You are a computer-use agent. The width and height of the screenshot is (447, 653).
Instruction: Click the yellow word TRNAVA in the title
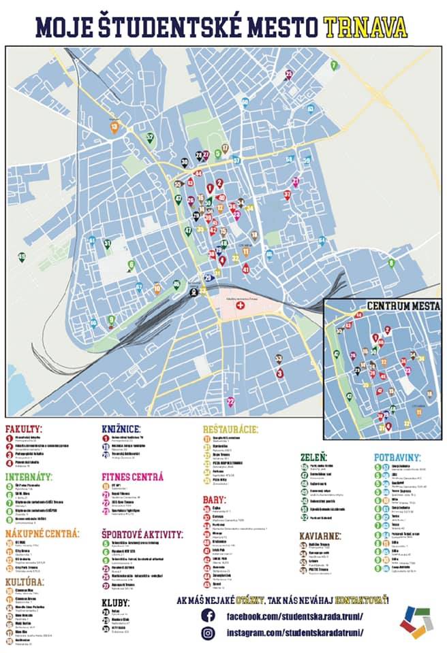pyautogui.click(x=365, y=27)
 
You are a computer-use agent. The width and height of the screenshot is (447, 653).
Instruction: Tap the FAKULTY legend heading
pyautogui.click(x=24, y=429)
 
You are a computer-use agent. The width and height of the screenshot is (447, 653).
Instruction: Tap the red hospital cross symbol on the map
pyautogui.click(x=239, y=307)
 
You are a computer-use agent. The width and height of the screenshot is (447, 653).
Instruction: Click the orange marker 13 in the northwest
pyautogui.click(x=114, y=127)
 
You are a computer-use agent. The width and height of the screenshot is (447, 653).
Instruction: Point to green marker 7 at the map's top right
pyautogui.click(x=334, y=65)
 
